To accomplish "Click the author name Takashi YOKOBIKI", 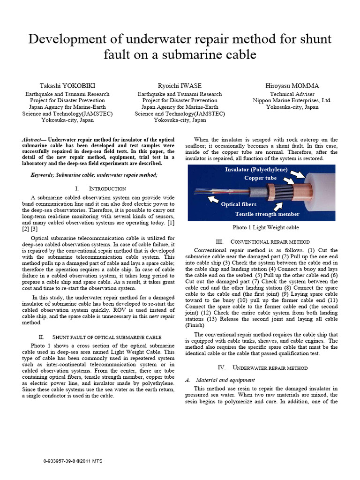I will (x=67, y=86).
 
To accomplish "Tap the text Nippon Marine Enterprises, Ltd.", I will (x=292, y=100).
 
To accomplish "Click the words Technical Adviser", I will (x=292, y=94).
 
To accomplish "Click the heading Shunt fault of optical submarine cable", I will (x=100, y=337).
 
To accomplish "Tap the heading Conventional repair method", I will (x=262, y=241).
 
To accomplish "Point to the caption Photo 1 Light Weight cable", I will (x=266, y=227).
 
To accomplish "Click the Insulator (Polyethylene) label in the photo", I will (x=256, y=169).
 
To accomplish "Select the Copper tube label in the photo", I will (x=260, y=178).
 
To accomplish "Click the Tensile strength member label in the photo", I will (x=267, y=214).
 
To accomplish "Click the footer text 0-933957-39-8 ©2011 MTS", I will (x=73, y=461).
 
